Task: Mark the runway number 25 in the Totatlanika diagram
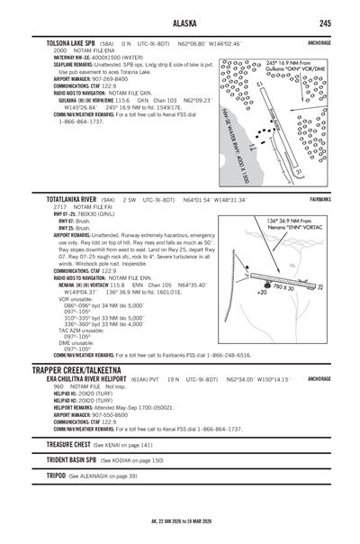(319, 286)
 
